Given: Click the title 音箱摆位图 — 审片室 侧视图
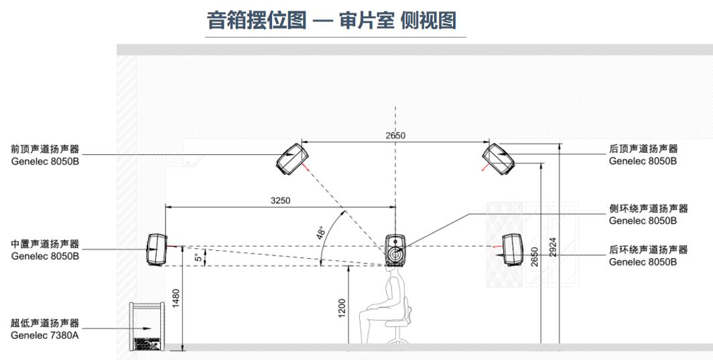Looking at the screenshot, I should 332,20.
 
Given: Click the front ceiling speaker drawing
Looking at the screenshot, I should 292,158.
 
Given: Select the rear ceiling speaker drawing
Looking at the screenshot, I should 499,158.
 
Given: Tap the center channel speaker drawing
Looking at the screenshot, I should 156,249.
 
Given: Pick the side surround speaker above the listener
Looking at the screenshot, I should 395,250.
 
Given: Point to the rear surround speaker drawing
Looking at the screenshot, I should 513,249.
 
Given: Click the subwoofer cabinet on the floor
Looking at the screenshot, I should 147,326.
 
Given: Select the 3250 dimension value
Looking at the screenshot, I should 280,200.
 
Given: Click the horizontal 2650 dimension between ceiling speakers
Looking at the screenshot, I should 395,135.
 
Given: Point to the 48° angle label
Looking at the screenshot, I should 321,233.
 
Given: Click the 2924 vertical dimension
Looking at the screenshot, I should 553,247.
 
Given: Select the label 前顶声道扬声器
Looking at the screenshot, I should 45,149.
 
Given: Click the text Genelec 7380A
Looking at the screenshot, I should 45,335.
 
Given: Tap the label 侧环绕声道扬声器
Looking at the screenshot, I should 648,208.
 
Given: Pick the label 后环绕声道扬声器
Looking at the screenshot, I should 648,249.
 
